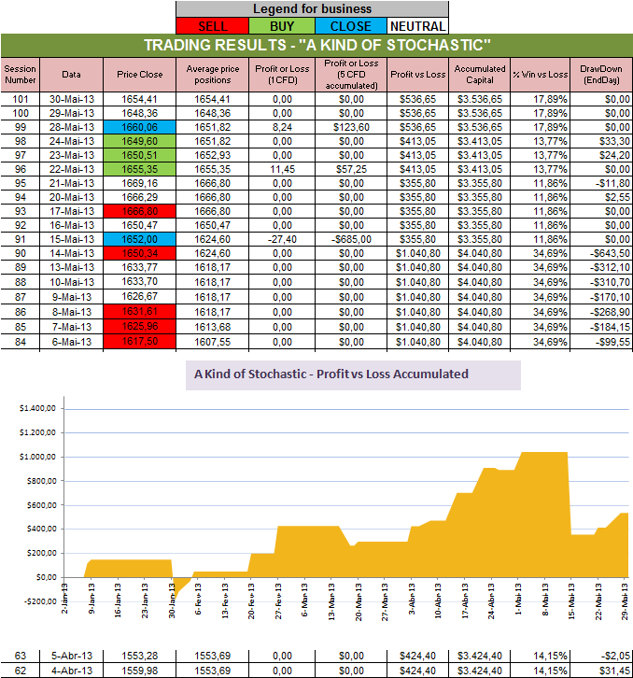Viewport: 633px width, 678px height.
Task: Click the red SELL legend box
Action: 212,26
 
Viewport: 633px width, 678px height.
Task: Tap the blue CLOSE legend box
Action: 350,26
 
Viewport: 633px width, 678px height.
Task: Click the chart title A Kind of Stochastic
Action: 331,374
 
